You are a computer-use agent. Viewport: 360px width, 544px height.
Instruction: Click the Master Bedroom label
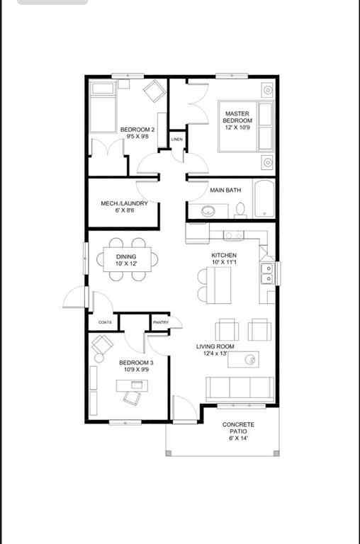point(237,121)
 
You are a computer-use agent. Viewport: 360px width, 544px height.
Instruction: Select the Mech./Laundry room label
point(124,207)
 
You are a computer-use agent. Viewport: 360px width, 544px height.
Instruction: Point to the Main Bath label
point(225,190)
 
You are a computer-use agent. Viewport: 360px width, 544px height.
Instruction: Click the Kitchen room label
point(224,259)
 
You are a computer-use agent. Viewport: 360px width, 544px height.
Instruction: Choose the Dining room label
point(126,260)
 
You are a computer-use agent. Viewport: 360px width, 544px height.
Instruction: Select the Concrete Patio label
point(238,431)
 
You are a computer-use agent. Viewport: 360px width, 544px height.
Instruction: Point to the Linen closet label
point(177,140)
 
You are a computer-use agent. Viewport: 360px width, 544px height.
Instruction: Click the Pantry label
point(160,323)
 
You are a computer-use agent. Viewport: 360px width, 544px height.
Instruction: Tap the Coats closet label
point(104,322)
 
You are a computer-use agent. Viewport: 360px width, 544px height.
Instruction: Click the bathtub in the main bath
point(264,200)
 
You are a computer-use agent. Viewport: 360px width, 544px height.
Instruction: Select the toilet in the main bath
point(241,209)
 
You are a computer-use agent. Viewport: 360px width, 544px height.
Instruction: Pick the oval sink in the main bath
point(210,210)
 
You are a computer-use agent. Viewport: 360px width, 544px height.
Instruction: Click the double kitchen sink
point(268,273)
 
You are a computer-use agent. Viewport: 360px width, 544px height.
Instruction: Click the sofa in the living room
point(240,389)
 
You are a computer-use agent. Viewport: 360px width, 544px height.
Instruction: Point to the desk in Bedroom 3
point(133,385)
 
